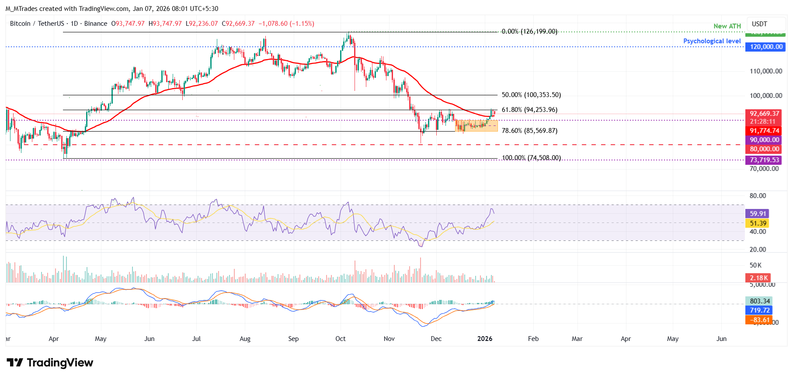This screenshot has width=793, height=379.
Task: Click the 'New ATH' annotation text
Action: click(x=727, y=26)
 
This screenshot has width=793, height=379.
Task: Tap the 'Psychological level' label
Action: click(x=712, y=41)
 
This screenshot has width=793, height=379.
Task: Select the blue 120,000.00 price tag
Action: click(x=766, y=47)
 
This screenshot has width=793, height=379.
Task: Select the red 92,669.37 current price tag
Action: click(x=764, y=114)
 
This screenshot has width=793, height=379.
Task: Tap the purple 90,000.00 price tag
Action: click(x=764, y=140)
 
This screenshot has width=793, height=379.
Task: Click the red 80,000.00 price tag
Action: click(x=764, y=149)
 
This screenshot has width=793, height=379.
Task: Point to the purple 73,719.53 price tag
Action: click(x=764, y=160)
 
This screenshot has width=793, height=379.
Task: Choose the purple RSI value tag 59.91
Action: click(x=758, y=214)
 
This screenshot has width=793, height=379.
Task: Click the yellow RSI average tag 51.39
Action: click(x=758, y=223)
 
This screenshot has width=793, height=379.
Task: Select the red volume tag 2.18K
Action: click(x=758, y=278)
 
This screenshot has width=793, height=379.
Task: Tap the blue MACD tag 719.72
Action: click(x=759, y=310)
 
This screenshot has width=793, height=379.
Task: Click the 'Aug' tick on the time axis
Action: click(x=245, y=339)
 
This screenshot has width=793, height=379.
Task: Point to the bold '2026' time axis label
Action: click(x=484, y=339)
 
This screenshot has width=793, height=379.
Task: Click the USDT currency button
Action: click(x=759, y=24)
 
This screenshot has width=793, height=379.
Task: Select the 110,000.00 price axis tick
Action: click(x=765, y=71)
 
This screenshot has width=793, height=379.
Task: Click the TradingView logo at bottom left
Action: click(x=50, y=363)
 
